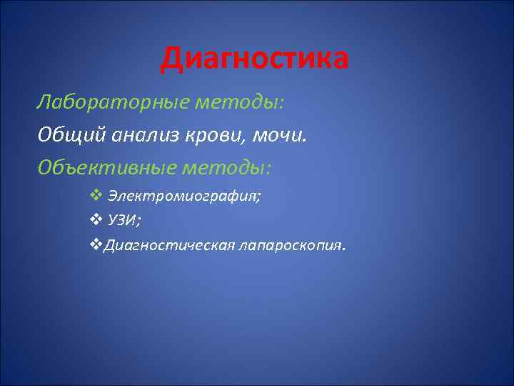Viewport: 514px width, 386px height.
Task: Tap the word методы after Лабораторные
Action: (239, 103)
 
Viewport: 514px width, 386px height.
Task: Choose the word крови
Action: (219, 135)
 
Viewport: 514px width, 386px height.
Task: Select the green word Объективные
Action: (106, 167)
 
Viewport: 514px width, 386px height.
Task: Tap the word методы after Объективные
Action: (226, 167)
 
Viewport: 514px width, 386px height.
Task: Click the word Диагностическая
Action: (169, 246)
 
